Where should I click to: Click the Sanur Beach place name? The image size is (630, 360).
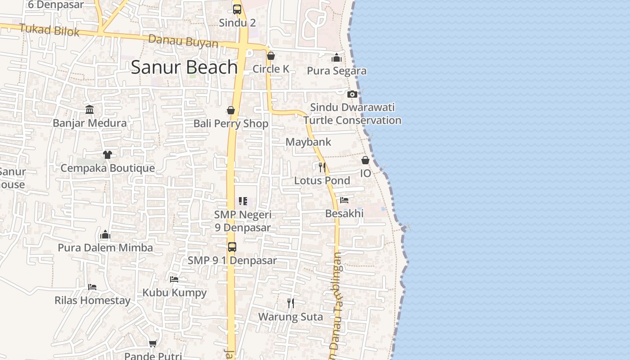click(184, 67)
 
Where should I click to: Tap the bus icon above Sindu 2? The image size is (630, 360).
click(237, 9)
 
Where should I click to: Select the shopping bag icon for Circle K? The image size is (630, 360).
click(271, 56)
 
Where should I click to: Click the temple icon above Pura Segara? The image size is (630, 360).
click(337, 58)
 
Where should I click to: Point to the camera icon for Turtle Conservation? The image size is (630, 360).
click(352, 94)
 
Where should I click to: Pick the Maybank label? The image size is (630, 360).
click(308, 142)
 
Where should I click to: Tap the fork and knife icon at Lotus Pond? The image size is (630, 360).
click(322, 167)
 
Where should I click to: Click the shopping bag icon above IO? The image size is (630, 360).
click(365, 160)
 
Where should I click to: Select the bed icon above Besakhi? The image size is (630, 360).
click(344, 200)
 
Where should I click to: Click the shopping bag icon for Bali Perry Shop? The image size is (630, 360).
click(231, 110)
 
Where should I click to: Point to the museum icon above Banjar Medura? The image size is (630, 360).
click(90, 109)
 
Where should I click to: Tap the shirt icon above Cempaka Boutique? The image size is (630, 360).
click(107, 155)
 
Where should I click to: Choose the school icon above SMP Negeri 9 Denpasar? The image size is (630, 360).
click(243, 201)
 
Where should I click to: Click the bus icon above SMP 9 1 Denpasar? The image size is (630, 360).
click(232, 247)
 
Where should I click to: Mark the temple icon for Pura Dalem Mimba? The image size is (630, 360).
click(105, 234)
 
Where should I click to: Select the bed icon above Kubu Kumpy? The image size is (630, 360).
click(174, 279)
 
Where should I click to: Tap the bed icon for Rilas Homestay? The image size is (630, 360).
click(92, 287)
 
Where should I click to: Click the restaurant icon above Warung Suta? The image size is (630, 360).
click(291, 303)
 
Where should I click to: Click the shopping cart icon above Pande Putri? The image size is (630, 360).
click(153, 343)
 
